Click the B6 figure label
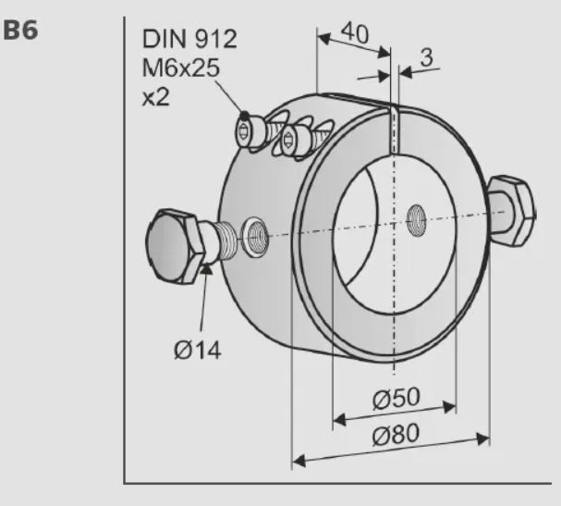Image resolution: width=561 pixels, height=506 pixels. click(x=20, y=31)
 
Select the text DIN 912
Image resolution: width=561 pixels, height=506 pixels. click(x=189, y=39)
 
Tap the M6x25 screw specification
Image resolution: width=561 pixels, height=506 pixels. click(x=180, y=68)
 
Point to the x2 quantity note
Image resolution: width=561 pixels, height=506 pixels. click(x=155, y=97)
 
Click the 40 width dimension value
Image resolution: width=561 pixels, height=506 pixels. click(x=355, y=33)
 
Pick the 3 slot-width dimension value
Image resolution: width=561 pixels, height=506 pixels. click(x=426, y=57)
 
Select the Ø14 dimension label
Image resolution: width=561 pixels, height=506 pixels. click(x=197, y=351)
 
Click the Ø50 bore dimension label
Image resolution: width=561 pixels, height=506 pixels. click(x=396, y=398)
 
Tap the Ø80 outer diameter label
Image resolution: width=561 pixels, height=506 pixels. click(x=396, y=434)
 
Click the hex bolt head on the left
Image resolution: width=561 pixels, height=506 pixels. click(x=172, y=246)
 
